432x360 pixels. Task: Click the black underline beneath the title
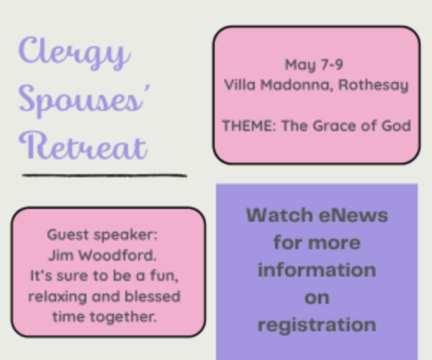tap(104, 174)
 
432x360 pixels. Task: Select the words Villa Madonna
tap(279, 85)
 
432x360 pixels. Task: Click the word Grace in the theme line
tap(334, 126)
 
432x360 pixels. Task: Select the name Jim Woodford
tap(107, 255)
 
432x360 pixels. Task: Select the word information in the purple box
tap(316, 270)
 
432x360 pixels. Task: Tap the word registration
tap(316, 324)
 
